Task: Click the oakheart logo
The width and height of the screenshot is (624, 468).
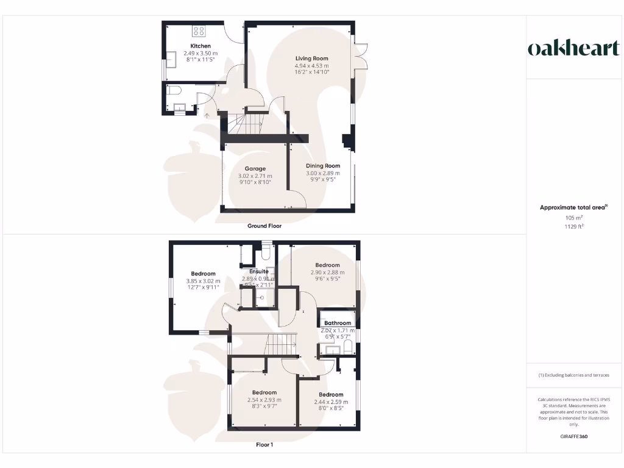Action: pos(573,49)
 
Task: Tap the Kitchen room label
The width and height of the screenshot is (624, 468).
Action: pos(200,46)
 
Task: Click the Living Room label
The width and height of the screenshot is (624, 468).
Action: pos(311,58)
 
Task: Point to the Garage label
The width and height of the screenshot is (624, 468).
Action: pos(255,169)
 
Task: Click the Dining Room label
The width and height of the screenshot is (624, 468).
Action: pos(323,166)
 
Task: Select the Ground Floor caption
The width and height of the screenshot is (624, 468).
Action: pos(264,226)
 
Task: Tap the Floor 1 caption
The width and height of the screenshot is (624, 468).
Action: pos(264,445)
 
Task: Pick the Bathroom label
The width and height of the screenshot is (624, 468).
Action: pos(338,323)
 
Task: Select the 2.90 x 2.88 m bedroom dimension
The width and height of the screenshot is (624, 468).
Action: pos(327,272)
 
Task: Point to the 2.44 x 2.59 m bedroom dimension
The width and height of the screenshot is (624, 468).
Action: pos(331,402)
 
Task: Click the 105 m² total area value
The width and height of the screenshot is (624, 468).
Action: pos(573,218)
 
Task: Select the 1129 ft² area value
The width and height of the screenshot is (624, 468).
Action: pos(573,226)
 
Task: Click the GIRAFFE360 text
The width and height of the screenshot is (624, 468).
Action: pos(573,436)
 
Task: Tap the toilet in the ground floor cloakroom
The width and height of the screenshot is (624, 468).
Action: pos(175,91)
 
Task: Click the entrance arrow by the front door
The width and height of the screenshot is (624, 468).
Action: pos(207,114)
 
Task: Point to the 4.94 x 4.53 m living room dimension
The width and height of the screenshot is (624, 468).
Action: pos(311,65)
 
